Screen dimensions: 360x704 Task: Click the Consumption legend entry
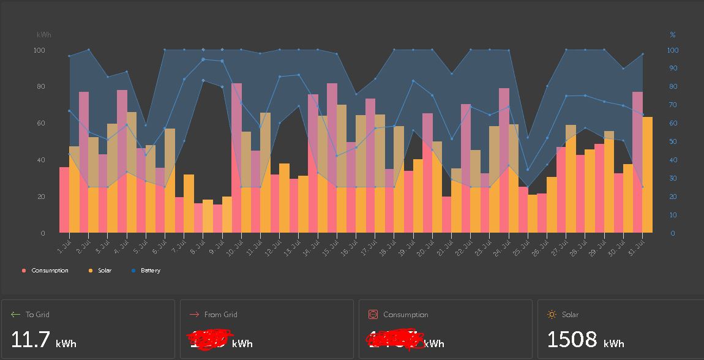[50, 271]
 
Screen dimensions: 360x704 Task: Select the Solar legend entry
[104, 271]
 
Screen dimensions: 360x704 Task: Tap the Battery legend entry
[150, 271]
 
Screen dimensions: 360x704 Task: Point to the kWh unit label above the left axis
[44, 35]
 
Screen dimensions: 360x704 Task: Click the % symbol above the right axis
[673, 35]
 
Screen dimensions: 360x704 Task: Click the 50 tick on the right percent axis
[673, 141]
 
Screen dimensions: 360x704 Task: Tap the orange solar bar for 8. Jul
[208, 216]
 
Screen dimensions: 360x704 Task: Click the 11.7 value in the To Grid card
[30, 340]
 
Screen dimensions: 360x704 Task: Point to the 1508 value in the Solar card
[572, 340]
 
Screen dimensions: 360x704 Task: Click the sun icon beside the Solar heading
[552, 315]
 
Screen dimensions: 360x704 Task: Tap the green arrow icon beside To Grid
[15, 315]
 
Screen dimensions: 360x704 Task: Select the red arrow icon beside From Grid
[194, 315]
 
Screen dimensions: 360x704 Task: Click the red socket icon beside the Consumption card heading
[373, 315]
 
